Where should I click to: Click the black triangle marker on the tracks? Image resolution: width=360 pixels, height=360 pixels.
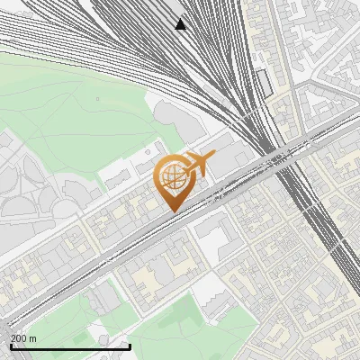coord(181,23)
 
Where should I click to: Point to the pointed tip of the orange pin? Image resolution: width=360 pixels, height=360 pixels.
coord(171,212)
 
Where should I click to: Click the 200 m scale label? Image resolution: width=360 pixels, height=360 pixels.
coord(24,338)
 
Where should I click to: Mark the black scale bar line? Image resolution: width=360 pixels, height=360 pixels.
coord(70,346)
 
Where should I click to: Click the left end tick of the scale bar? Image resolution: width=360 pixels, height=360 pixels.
coord(10,346)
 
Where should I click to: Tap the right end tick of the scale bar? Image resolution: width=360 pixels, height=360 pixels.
coord(130,346)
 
